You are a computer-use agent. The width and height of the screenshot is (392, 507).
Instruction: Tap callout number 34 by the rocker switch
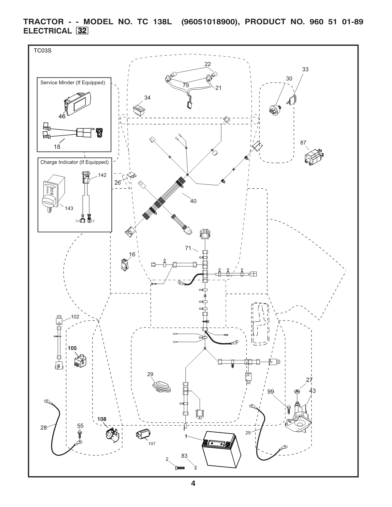click(147, 98)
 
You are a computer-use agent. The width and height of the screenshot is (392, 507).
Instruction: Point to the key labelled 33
click(293, 100)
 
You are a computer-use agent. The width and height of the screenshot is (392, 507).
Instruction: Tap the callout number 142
click(102, 175)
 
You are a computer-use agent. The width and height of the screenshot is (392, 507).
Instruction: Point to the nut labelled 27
click(297, 392)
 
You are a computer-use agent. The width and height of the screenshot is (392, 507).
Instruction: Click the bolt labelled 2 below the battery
click(180, 476)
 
